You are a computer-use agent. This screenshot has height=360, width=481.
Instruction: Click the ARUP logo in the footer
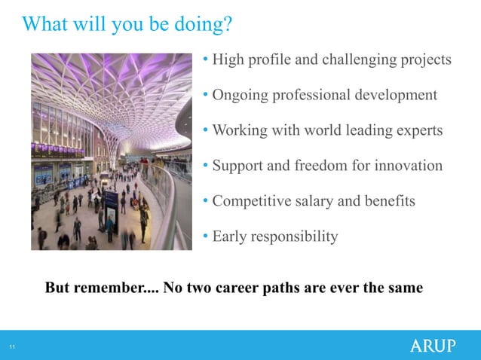point(433,346)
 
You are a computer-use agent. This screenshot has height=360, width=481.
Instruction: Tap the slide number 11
point(12,346)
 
